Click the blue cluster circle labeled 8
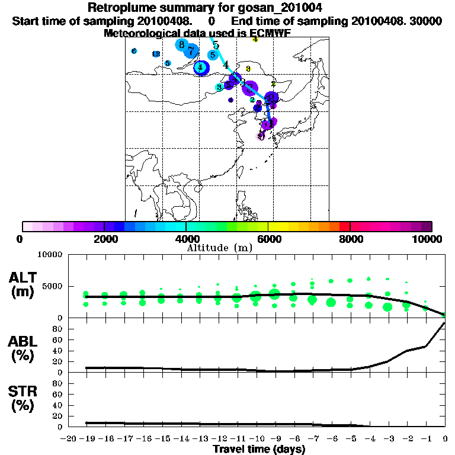click(x=182, y=44)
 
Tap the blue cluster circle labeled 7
click(x=191, y=51)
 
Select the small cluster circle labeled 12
click(x=156, y=54)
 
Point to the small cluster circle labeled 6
click(x=134, y=52)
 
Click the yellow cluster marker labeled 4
click(x=255, y=39)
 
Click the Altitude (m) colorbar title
click(x=219, y=246)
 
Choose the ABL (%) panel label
click(x=23, y=350)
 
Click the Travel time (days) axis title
click(x=259, y=450)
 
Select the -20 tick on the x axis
click(x=69, y=439)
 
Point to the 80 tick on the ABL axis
click(x=57, y=329)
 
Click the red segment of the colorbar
click(x=344, y=226)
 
